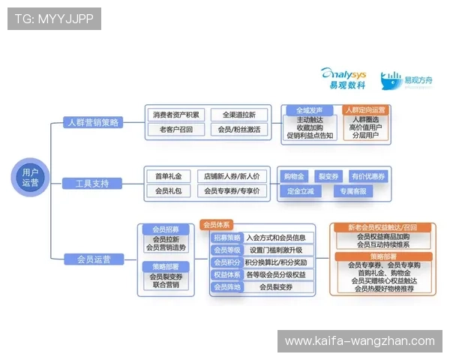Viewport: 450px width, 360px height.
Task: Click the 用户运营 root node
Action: (x=30, y=178)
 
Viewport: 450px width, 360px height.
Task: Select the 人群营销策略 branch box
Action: (x=92, y=123)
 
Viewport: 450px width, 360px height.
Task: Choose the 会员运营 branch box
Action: (x=94, y=259)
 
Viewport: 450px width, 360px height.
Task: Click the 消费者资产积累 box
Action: (x=176, y=115)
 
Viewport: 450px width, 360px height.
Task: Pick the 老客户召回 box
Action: (x=176, y=129)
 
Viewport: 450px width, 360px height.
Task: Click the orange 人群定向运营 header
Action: (x=369, y=109)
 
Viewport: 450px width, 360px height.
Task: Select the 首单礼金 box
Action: (x=169, y=176)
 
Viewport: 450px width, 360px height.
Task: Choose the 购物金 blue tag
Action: (x=294, y=176)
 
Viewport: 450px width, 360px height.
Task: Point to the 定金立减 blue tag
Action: (x=300, y=191)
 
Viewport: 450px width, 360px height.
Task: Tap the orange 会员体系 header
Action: (x=217, y=224)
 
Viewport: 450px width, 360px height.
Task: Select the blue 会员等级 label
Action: (x=226, y=250)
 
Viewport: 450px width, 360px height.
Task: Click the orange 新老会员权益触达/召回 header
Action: (x=382, y=227)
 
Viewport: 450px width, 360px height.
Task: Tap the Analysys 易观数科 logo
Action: (x=345, y=78)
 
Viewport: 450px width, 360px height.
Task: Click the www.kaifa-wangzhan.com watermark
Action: (x=359, y=341)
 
